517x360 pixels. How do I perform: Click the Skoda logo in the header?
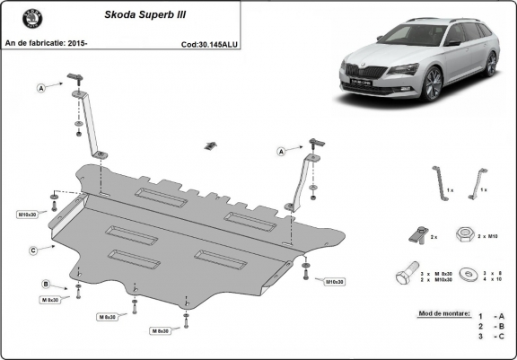pyautogui.click(x=20, y=20)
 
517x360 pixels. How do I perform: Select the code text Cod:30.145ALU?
pyautogui.click(x=208, y=43)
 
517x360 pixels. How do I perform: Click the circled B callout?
pyautogui.click(x=45, y=285)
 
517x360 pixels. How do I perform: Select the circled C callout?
pyautogui.click(x=32, y=250)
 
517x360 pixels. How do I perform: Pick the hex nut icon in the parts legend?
pyautogui.click(x=465, y=233)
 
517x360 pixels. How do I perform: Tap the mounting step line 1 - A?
pyautogui.click(x=491, y=317)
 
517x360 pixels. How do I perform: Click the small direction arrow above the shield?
pyautogui.click(x=212, y=145)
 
